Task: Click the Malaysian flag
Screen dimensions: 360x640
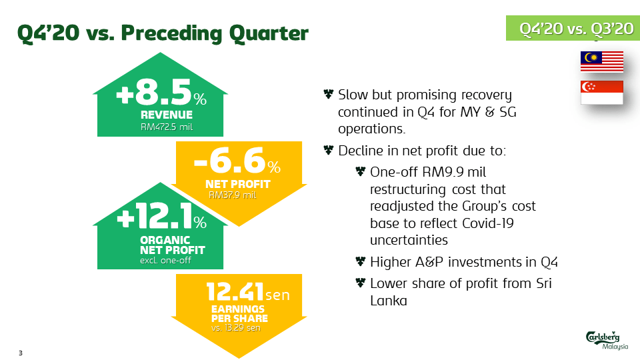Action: (x=601, y=61)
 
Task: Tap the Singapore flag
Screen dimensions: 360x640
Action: (x=601, y=93)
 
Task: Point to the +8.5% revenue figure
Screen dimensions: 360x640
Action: (x=161, y=95)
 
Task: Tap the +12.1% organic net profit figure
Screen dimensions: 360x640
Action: (x=161, y=219)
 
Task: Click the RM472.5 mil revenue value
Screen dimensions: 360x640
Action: (x=167, y=126)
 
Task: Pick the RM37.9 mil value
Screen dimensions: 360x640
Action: (x=233, y=195)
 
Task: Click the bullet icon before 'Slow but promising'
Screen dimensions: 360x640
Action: (x=327, y=95)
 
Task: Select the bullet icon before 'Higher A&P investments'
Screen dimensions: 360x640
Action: (x=360, y=261)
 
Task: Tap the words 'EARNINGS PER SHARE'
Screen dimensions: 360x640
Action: (x=238, y=313)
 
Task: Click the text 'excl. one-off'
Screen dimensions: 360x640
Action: (x=165, y=260)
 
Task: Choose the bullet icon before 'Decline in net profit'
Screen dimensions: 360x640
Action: (x=327, y=151)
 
